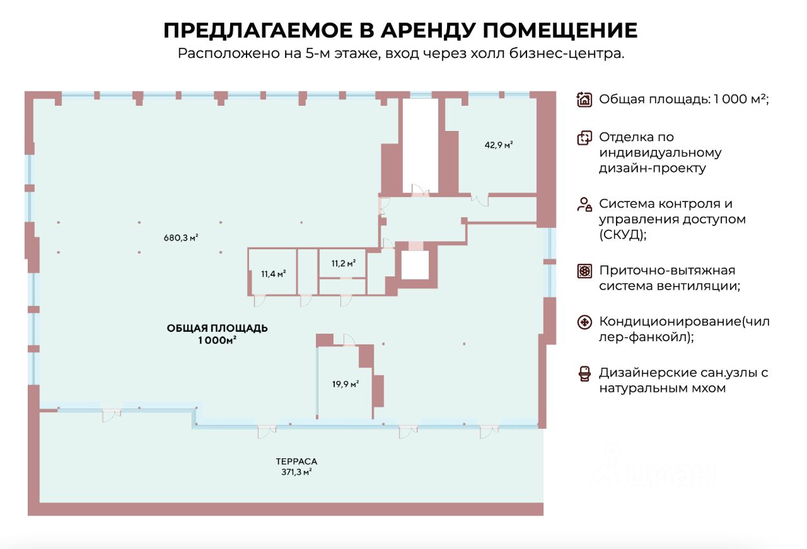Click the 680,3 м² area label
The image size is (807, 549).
181,238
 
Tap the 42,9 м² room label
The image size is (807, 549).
498,145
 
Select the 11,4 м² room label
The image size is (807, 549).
273,274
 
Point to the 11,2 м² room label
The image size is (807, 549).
342,263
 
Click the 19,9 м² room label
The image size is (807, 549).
345,383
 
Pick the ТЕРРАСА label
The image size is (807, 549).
296,461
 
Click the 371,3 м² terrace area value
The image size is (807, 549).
296,472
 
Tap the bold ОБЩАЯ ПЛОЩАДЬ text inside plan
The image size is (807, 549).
218,328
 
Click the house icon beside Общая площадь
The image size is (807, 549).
584,99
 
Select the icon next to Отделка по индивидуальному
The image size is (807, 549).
584,138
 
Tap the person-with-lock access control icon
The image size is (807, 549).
584,205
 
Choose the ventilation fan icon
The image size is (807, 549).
584,271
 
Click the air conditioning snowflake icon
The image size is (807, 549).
584,323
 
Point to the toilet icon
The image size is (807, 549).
584,373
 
